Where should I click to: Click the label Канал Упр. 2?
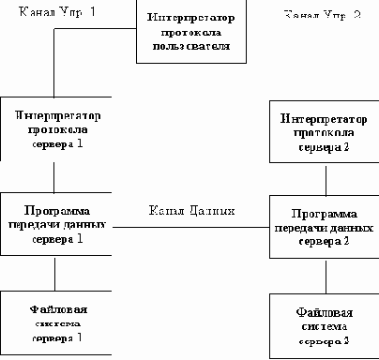pos(320,16)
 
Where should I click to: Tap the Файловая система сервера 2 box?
pos(326,327)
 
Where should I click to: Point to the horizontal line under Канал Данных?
pos(190,226)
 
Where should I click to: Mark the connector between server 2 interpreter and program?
pos(326,180)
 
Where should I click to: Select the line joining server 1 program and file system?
pos(54,274)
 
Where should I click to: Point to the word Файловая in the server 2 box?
pos(326,313)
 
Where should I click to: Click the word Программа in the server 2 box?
pos(326,213)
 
